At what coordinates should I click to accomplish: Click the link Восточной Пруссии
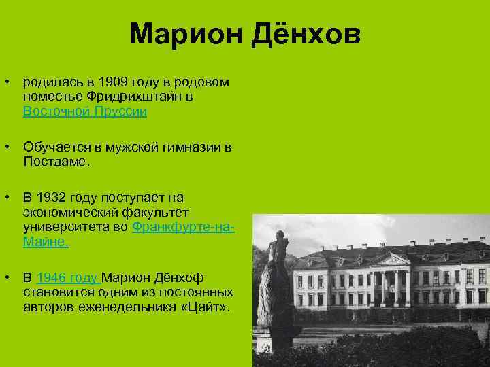point(84,111)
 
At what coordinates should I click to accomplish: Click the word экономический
point(78,212)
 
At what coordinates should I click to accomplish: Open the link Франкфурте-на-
point(183,226)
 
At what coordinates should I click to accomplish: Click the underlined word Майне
point(45,241)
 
